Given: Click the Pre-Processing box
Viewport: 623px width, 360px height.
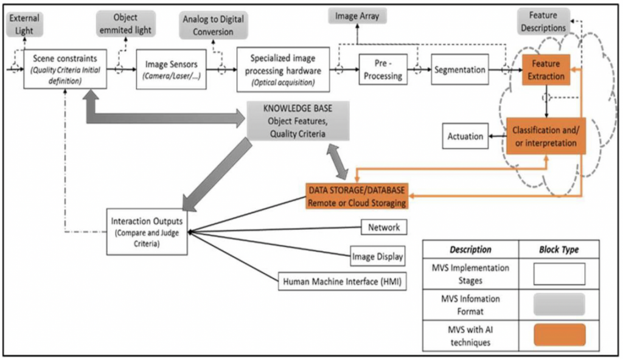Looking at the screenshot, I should click(383, 70).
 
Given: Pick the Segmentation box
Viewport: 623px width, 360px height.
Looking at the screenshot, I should click(460, 70).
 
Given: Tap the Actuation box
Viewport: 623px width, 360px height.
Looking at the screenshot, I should click(465, 136).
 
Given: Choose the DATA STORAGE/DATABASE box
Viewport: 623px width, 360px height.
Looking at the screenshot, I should click(357, 196).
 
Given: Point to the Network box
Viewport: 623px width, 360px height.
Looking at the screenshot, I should click(384, 227).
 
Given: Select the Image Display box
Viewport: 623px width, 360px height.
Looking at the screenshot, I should click(377, 257).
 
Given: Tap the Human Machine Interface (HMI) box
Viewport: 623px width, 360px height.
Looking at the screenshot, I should click(342, 282).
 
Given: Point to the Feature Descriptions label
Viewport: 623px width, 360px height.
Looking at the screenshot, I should click(543, 22).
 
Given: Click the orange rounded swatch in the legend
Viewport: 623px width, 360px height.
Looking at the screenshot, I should click(559, 334).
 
